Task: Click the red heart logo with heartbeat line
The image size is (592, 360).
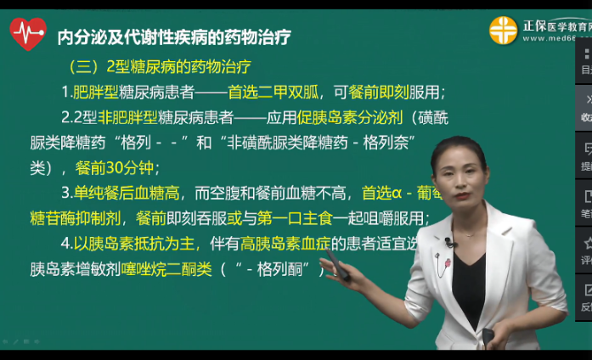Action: (x=27, y=34)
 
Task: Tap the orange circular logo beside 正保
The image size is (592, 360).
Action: (x=504, y=31)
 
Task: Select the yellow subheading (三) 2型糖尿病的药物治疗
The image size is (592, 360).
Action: (x=159, y=66)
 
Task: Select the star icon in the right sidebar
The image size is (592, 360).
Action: (x=585, y=244)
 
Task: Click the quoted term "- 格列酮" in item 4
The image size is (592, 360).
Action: (x=272, y=270)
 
